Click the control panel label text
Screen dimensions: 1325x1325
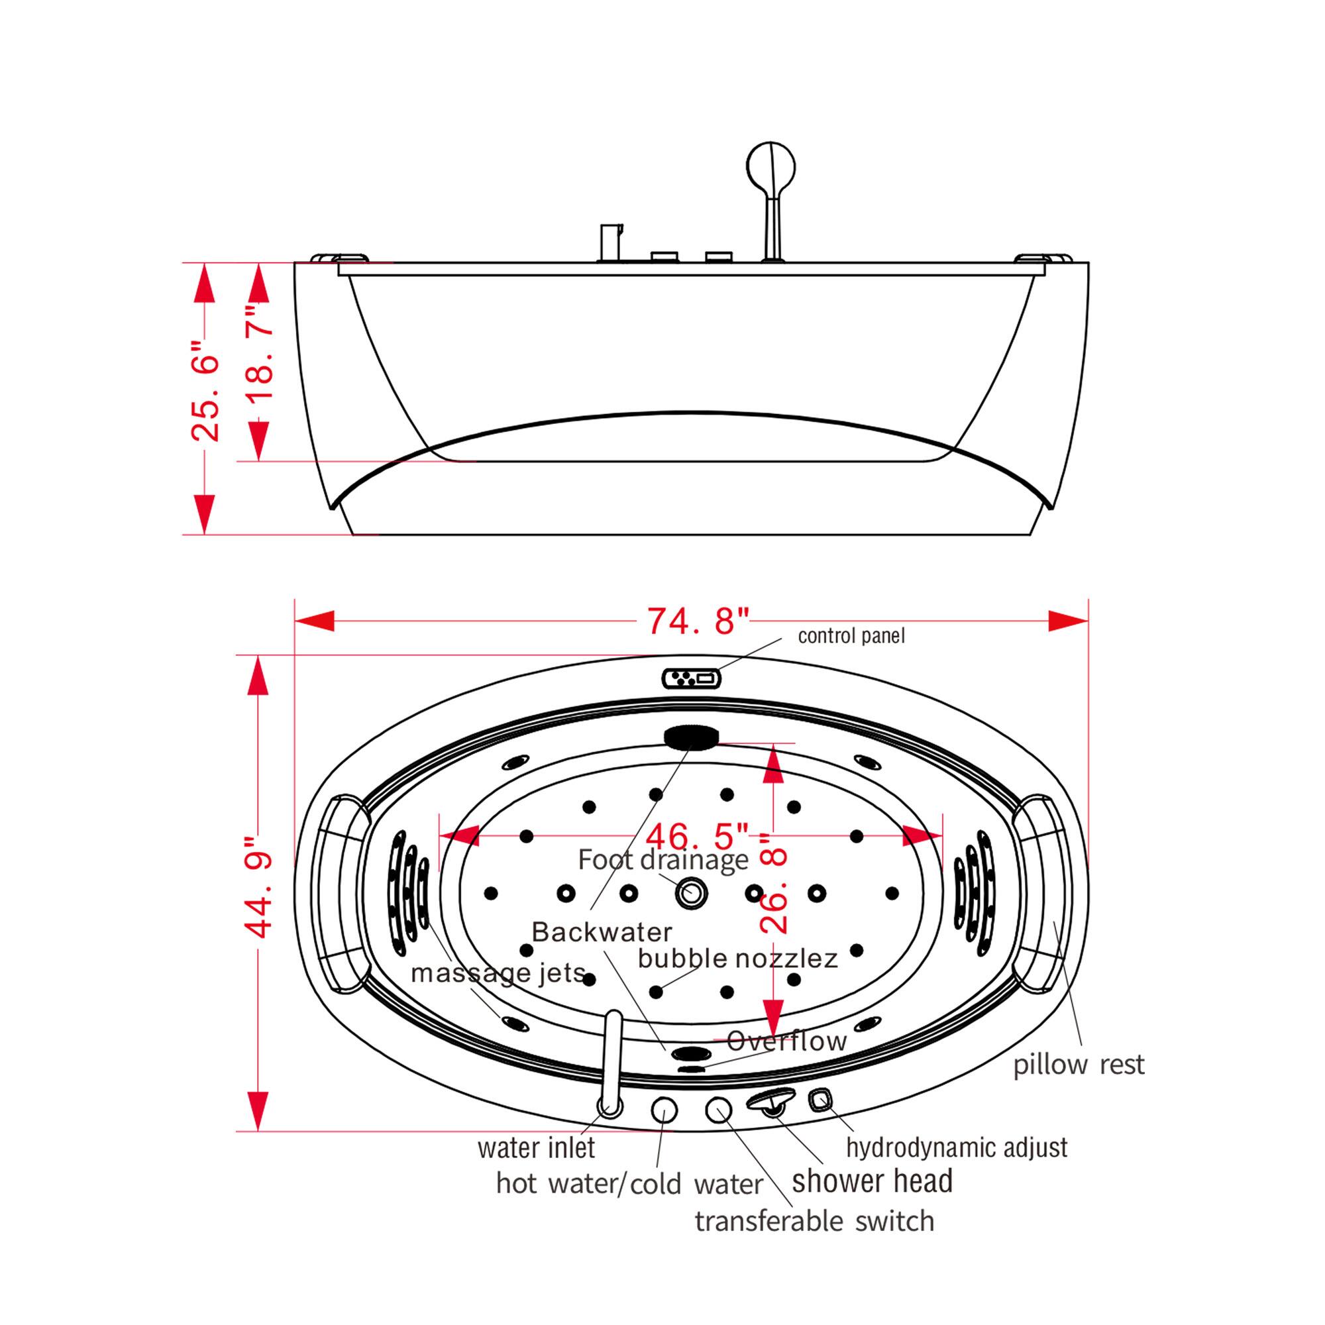pos(851,636)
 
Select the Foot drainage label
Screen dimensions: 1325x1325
pos(662,860)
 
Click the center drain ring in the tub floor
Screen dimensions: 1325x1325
pos(691,893)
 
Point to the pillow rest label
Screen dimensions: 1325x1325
pos(1079,1065)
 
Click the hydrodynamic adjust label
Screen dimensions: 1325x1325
pos(956,1147)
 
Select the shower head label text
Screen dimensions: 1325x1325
pos(872,1181)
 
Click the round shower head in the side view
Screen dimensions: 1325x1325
pos(772,167)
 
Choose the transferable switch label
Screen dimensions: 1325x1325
pos(814,1222)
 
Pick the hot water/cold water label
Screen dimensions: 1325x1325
pos(629,1185)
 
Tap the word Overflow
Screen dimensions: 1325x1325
pos(786,1041)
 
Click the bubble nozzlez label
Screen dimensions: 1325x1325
pos(737,958)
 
